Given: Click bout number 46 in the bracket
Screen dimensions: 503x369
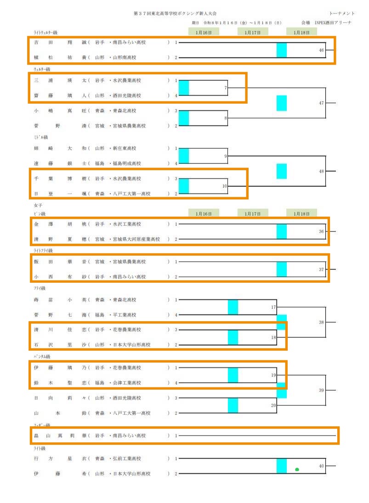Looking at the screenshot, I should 321,50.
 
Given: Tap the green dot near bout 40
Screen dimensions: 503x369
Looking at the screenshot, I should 297,469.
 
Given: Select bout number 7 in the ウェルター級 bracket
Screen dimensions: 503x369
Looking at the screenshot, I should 226,88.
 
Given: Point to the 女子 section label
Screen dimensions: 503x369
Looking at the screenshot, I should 38,206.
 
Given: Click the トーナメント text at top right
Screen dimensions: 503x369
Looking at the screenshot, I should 342,14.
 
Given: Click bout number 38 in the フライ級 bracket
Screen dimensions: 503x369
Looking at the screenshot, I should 321,323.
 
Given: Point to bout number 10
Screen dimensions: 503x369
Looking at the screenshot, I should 225,186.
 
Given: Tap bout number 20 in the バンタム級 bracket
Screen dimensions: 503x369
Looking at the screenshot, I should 273,405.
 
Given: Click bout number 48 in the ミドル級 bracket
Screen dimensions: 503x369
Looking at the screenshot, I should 321,171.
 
